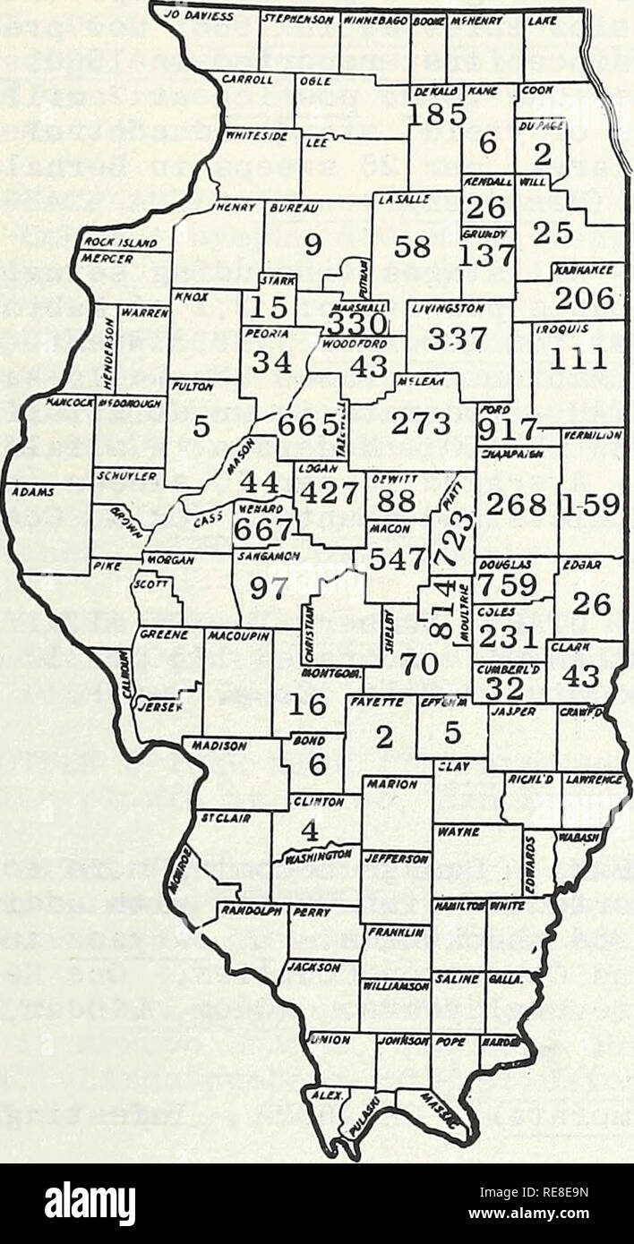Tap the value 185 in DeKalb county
434,114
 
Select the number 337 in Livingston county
457,339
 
